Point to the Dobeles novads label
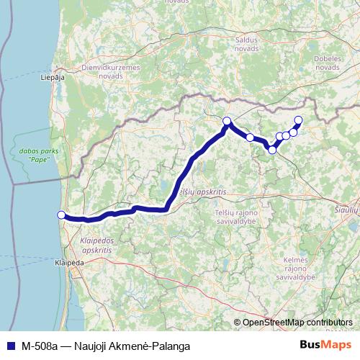(x=327, y=62)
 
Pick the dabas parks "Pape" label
(x=35, y=154)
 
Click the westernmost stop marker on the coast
(x=61, y=215)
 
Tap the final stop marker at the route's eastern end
(x=299, y=120)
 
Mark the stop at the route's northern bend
(x=227, y=121)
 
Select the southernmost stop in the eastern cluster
(x=272, y=150)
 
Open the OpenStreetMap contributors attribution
(x=297, y=322)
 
